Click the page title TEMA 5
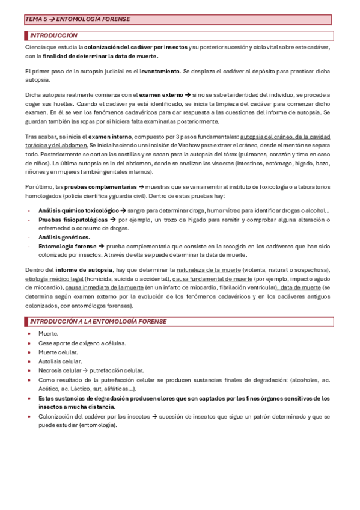click(x=78, y=19)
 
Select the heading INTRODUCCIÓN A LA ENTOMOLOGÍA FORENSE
click(x=99, y=321)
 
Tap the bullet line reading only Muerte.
click(x=49, y=333)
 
